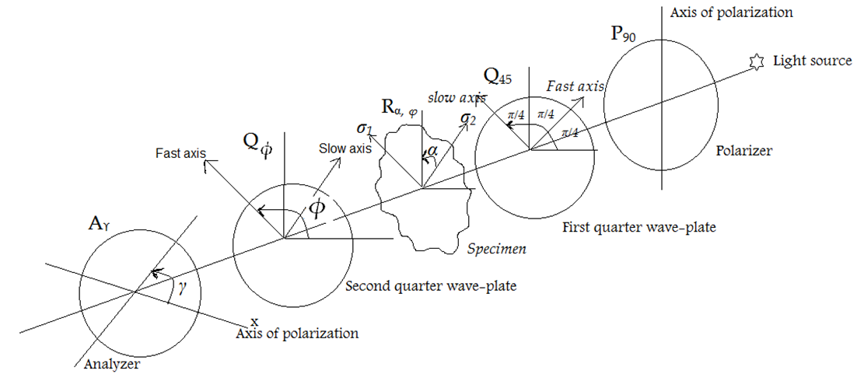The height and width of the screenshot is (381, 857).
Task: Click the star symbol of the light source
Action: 754,61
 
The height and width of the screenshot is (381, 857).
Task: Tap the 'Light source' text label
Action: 811,61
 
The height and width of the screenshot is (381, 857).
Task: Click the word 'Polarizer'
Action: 744,151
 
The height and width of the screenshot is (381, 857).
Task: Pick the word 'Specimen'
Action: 498,249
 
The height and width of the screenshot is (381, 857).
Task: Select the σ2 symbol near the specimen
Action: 468,118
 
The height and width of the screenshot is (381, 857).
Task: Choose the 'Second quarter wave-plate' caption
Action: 432,286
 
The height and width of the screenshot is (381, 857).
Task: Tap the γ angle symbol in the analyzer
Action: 183,288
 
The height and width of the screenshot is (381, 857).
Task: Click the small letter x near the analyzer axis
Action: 254,320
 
